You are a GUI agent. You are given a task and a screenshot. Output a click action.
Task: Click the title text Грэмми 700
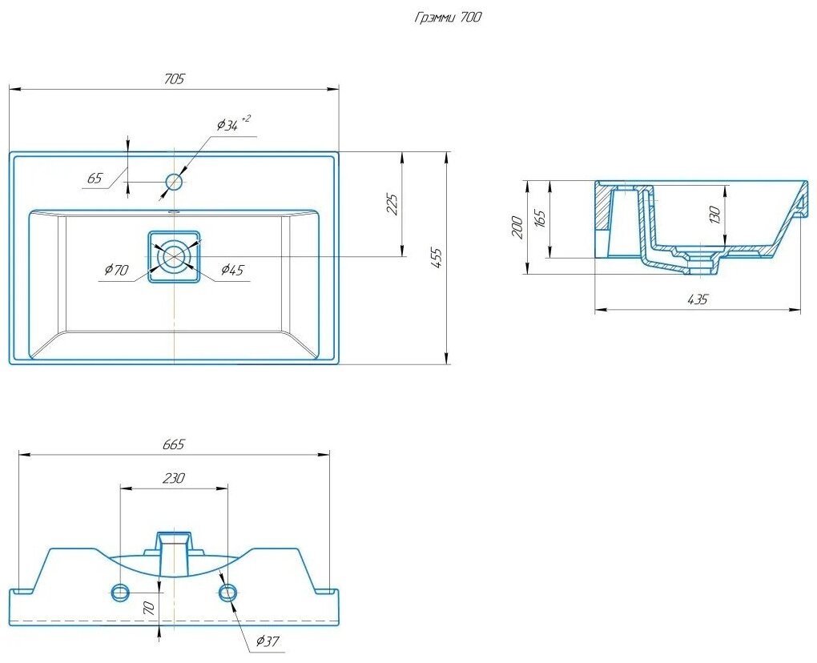point(448,18)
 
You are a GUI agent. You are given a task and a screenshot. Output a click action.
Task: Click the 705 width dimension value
point(174,79)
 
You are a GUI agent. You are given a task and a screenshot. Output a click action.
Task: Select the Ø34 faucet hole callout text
point(233,123)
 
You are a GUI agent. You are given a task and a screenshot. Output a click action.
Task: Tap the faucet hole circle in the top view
point(174,182)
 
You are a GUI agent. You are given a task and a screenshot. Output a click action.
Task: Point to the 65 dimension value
point(95,178)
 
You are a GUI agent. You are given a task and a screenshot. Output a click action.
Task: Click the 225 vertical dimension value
point(393,204)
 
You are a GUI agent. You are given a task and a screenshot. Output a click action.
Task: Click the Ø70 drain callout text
point(116,270)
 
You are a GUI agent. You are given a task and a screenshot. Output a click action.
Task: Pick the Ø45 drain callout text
point(231,269)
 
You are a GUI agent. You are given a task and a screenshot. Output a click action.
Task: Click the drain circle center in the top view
point(174,257)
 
